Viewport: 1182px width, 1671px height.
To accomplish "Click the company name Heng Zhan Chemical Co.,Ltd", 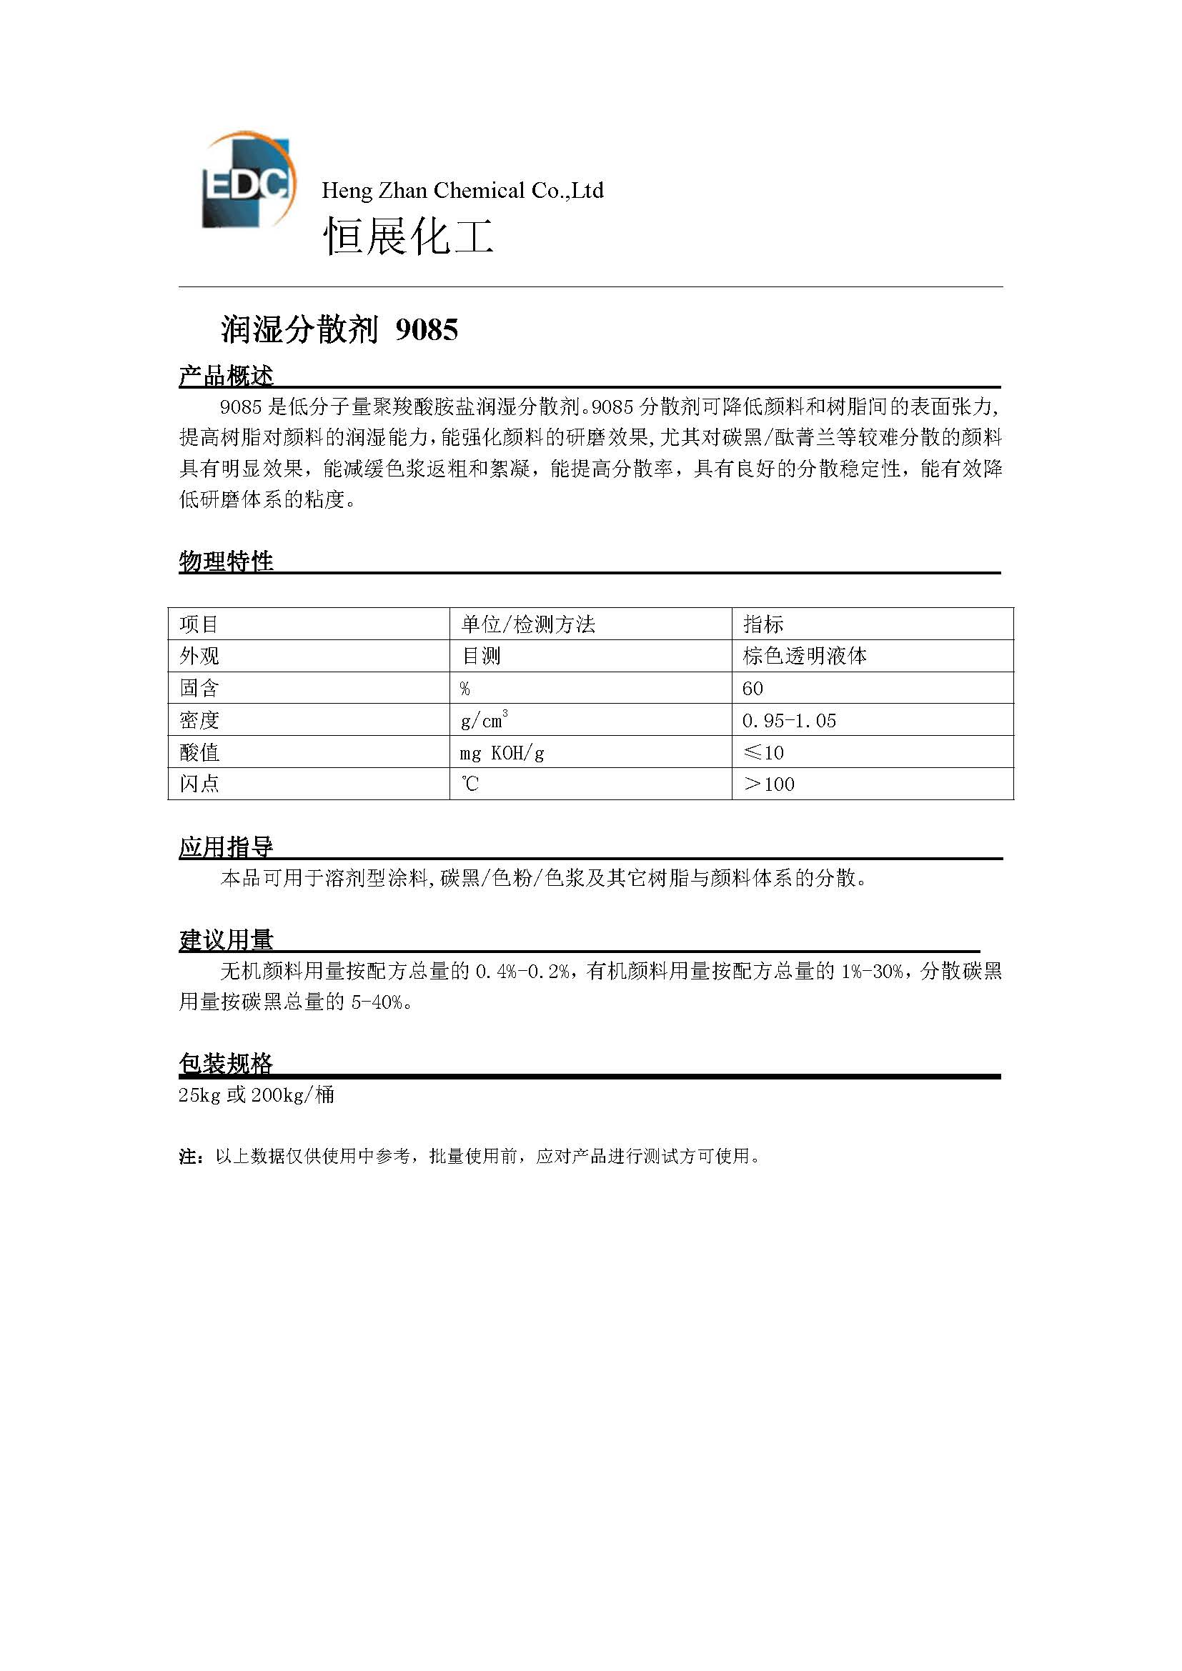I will tap(462, 191).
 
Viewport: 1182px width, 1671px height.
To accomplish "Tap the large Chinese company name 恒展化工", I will tap(408, 236).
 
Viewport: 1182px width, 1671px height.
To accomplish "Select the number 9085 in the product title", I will tap(427, 331).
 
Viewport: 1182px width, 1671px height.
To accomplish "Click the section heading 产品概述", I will tap(226, 376).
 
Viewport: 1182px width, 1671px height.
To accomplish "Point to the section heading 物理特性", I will tap(226, 561).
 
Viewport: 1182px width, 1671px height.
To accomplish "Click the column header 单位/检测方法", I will tap(527, 624).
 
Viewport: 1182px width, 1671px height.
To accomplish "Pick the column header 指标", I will tap(763, 624).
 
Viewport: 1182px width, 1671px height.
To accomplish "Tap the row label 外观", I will tap(199, 657).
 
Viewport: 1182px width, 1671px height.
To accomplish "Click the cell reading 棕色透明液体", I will tap(804, 657).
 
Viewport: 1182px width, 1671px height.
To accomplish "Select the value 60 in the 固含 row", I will tap(753, 689).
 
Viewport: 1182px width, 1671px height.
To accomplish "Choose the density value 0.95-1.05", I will tap(789, 721).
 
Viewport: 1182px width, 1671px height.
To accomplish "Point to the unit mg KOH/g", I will tap(502, 752).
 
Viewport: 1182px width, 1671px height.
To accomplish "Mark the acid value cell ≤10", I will tap(763, 752).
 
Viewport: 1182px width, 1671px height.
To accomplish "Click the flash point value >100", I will tap(769, 784).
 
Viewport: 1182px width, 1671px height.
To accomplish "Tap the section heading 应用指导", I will tap(226, 847).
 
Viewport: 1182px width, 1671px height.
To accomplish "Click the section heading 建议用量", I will tap(226, 940).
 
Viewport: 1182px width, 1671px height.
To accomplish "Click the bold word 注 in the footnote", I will tap(187, 1157).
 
